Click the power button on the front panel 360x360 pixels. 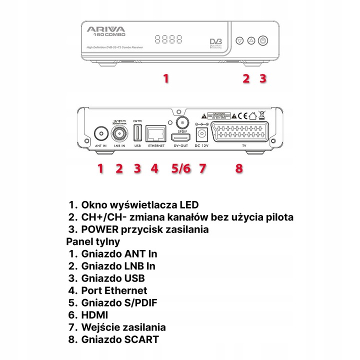coord(263,41)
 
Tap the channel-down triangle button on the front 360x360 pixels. coord(239,41)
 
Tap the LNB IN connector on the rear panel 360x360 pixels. coord(119,133)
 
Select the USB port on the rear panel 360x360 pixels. coord(137,133)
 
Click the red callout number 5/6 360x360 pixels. coord(180,168)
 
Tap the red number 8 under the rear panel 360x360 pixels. coord(239,168)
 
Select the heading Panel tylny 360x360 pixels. coord(93,241)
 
